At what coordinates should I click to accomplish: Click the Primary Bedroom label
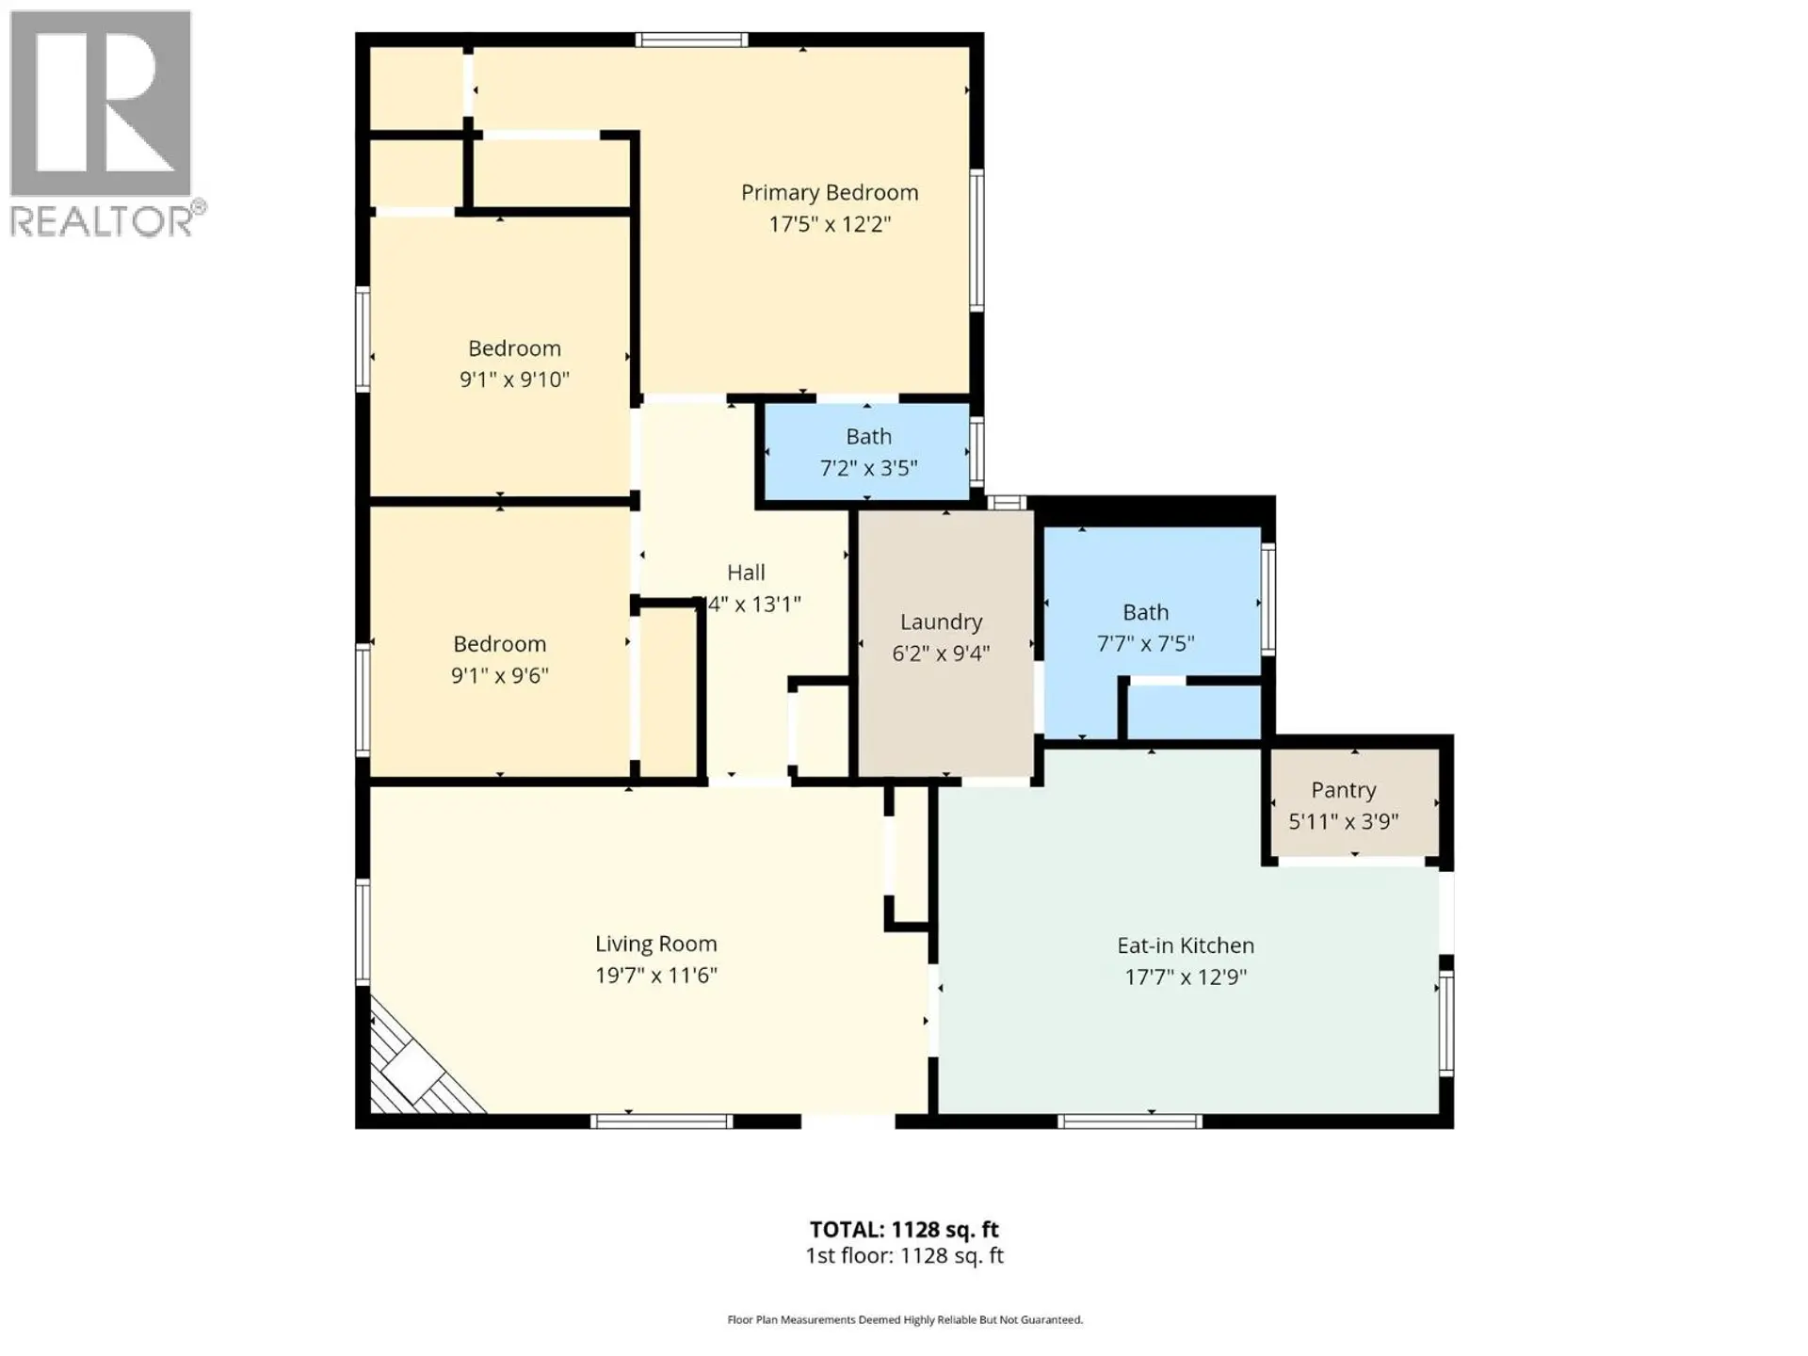(x=829, y=192)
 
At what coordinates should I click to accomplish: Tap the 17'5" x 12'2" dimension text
(x=829, y=224)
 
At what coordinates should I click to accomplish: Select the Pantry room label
(x=1343, y=790)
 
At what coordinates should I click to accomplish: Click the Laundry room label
(x=941, y=621)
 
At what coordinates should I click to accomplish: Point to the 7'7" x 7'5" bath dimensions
(x=1145, y=643)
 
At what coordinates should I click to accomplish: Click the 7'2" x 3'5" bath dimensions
(x=867, y=468)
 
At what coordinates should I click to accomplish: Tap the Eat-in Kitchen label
(x=1185, y=945)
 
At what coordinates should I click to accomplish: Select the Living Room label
(x=655, y=944)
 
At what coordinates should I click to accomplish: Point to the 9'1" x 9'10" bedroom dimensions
(x=514, y=379)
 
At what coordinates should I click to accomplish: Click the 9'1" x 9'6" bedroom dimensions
(x=499, y=675)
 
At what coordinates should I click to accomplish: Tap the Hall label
(x=746, y=573)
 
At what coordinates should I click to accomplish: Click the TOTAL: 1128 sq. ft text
(x=904, y=1229)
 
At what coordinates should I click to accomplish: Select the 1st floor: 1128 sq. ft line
(x=904, y=1255)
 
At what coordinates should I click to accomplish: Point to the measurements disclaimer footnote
(x=904, y=1320)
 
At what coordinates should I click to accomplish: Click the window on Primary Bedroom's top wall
(x=690, y=40)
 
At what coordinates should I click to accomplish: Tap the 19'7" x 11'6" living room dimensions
(x=655, y=975)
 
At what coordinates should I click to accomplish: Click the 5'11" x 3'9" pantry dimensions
(x=1343, y=821)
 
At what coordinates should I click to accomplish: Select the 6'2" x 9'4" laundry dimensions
(x=941, y=653)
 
